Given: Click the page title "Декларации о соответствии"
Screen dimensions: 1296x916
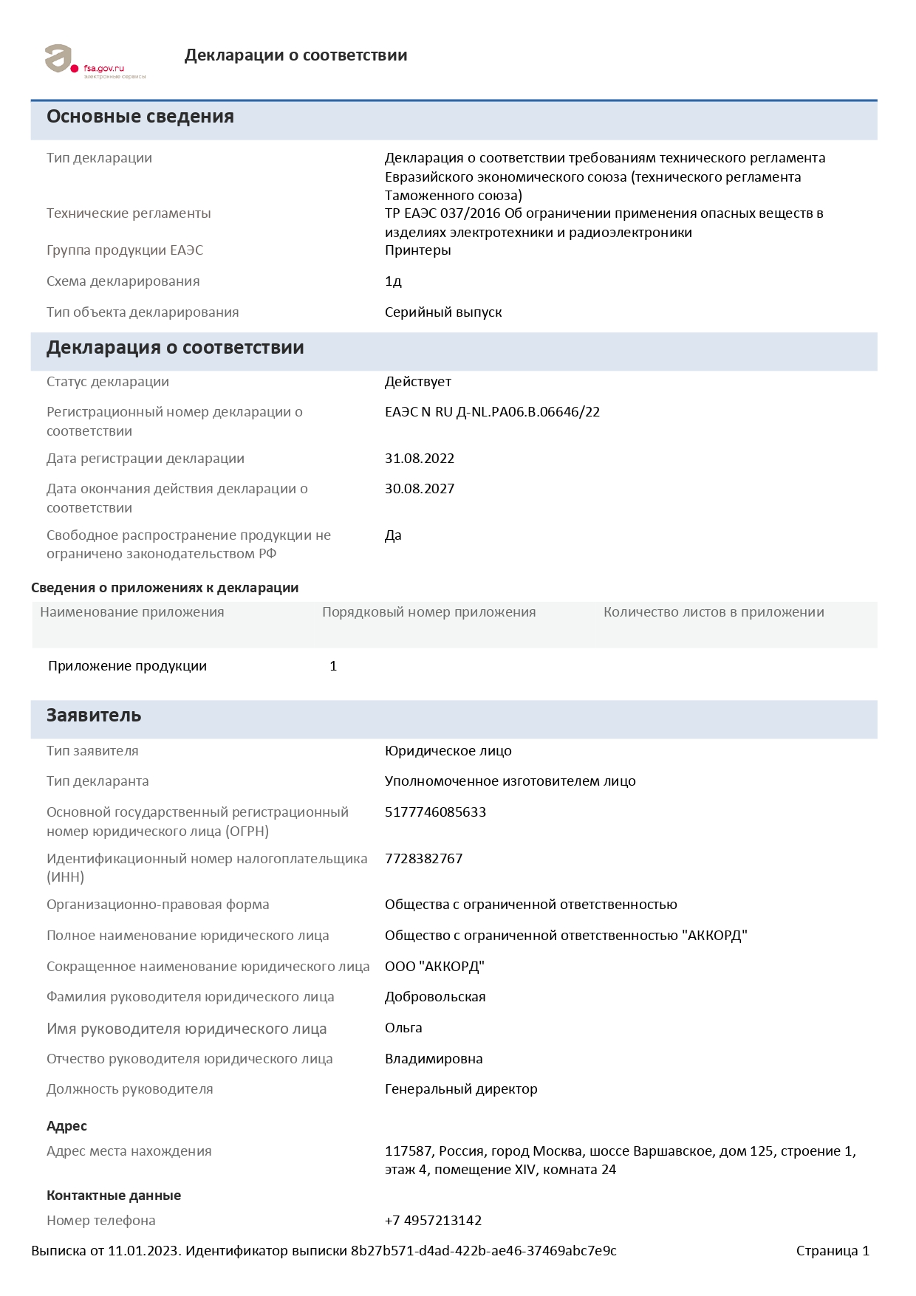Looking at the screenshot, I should click(295, 55).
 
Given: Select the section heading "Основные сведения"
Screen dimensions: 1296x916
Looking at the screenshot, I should click(140, 117).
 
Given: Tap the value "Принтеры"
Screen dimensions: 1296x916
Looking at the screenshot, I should click(417, 250).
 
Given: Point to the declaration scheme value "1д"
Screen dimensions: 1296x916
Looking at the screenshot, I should click(393, 281).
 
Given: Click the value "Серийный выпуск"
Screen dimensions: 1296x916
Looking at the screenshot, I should click(443, 312).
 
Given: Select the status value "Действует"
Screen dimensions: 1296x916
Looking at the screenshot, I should click(417, 382).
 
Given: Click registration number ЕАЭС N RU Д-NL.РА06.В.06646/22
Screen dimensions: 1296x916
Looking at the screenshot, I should click(492, 412).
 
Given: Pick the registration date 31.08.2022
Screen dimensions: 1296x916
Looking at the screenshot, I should click(420, 459).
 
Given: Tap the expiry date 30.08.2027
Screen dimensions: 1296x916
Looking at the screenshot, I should click(420, 489).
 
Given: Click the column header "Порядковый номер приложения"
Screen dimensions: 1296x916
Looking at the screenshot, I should click(428, 612).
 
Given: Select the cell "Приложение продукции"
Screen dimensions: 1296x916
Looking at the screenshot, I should click(127, 666).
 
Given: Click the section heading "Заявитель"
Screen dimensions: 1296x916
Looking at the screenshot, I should click(94, 716).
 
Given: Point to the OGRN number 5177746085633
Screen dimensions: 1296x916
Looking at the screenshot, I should click(435, 812).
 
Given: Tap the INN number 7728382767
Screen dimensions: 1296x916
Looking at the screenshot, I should click(423, 859).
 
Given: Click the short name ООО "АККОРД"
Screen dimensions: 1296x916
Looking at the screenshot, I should click(434, 967).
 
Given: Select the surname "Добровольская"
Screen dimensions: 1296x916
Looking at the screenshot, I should click(435, 997).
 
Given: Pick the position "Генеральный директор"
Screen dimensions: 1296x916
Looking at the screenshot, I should click(461, 1089).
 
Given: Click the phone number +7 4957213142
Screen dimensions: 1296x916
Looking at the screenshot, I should click(433, 1221).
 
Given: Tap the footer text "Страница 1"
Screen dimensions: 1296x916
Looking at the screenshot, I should click(833, 1251).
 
